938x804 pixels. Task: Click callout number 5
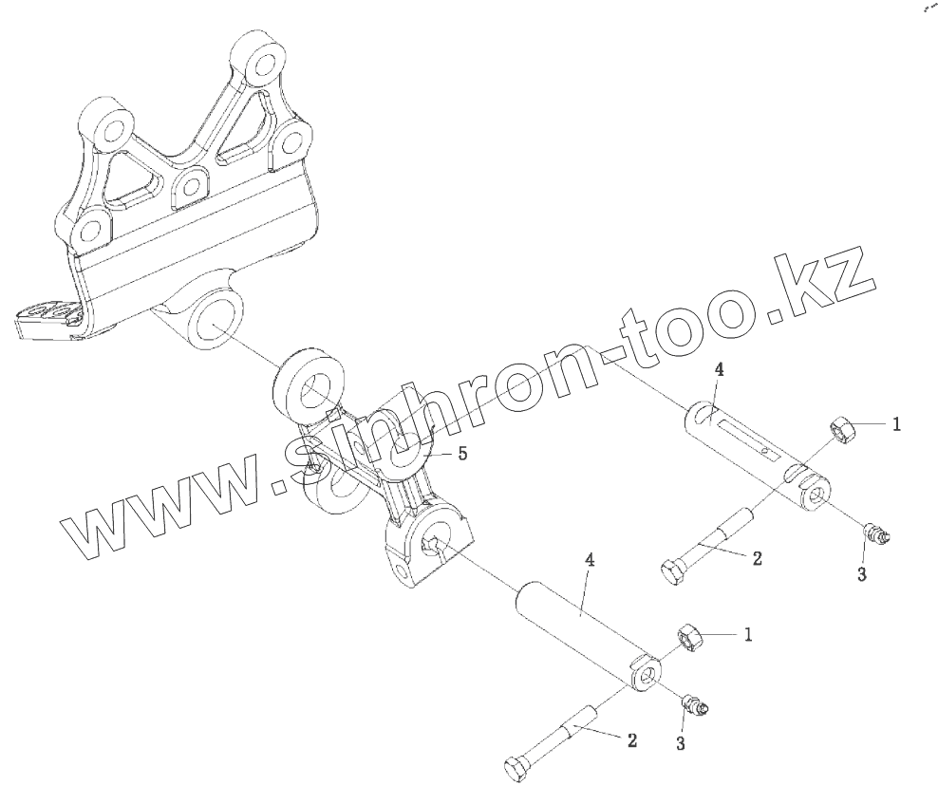[x=462, y=454]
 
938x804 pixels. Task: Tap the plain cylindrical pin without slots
[x=580, y=631]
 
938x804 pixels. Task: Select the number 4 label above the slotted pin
[x=719, y=370]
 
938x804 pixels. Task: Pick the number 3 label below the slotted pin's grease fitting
[x=861, y=573]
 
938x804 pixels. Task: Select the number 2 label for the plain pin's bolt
[x=631, y=740]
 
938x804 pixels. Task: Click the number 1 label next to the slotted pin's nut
[x=895, y=425]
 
